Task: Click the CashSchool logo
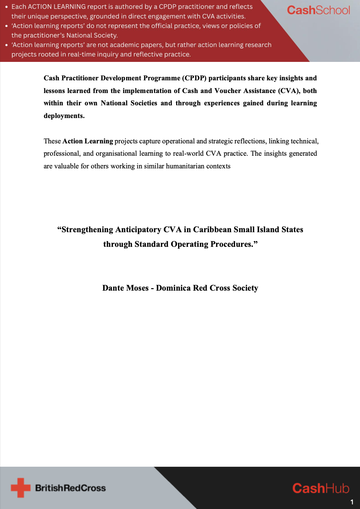318,10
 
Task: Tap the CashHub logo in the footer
321,488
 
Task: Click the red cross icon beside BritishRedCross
20,487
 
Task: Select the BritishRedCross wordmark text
70,488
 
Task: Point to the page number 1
352,502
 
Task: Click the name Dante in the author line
113,288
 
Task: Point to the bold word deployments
64,116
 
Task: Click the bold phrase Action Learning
88,141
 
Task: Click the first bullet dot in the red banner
6,7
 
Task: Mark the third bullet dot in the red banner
6,45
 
